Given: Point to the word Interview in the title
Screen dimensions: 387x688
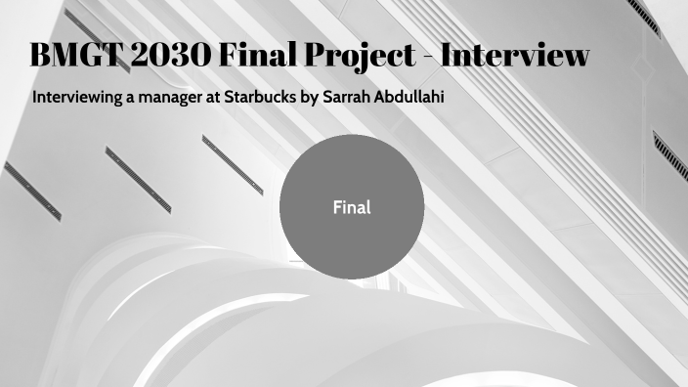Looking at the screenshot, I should (x=515, y=56).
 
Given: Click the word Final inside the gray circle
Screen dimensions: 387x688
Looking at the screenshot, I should (x=352, y=207).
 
